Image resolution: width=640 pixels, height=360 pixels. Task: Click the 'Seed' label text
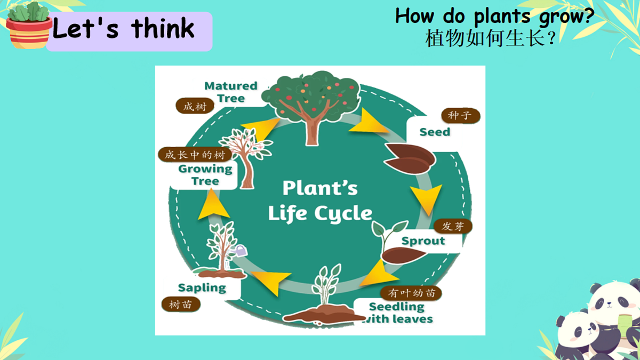click(435, 132)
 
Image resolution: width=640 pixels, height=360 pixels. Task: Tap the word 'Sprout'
click(423, 241)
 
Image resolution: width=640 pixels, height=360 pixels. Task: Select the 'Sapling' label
click(202, 288)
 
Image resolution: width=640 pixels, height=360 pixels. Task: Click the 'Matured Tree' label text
click(231, 92)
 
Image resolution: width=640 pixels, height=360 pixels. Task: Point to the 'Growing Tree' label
click(205, 175)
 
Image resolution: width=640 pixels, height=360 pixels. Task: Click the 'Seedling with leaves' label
click(397, 313)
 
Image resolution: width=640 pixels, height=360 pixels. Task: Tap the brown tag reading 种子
click(461, 116)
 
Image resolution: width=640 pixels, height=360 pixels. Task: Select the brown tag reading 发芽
click(453, 226)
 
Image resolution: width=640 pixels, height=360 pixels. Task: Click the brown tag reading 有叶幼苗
click(411, 293)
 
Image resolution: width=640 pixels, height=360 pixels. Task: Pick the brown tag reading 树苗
click(181, 305)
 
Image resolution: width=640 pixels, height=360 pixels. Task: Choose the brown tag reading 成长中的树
click(195, 155)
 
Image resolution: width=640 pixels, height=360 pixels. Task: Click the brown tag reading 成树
click(195, 106)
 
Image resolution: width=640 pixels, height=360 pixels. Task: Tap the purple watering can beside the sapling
click(242, 251)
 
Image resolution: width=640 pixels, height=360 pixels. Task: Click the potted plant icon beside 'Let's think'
click(29, 26)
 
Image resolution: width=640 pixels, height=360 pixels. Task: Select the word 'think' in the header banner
click(163, 28)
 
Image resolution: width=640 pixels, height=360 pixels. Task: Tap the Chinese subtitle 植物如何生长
click(485, 38)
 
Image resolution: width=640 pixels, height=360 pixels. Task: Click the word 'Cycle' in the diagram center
click(343, 214)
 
